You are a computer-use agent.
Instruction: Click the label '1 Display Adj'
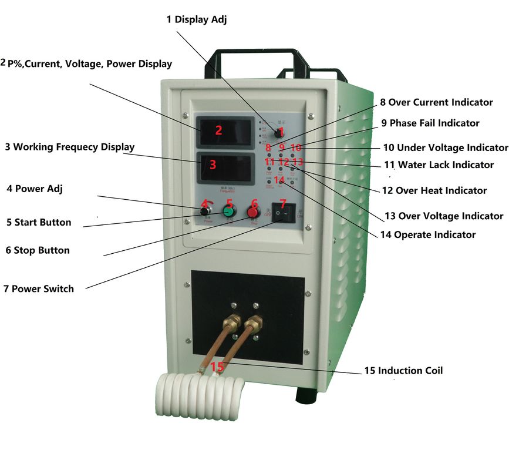coord(196,19)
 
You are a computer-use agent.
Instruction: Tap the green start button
coord(229,210)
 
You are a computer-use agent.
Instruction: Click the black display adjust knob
coord(279,133)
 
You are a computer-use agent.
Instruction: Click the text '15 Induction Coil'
coord(403,371)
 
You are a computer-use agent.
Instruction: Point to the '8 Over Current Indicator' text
coord(436,102)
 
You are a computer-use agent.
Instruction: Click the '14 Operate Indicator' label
coord(427,234)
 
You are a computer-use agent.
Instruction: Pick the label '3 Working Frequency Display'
coord(69,147)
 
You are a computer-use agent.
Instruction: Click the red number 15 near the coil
coord(217,367)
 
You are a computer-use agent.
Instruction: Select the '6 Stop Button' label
coord(38,250)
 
